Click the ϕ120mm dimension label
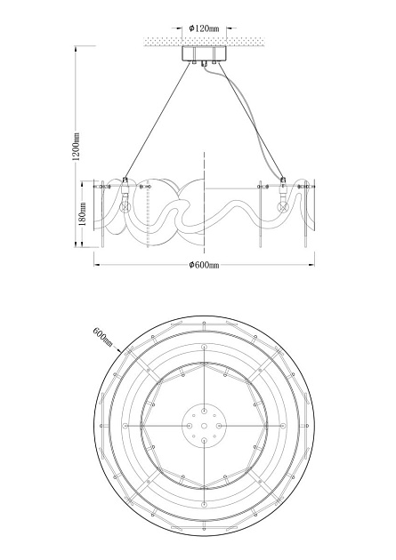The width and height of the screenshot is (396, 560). coord(204,28)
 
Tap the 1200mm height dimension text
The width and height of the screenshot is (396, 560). coord(77,147)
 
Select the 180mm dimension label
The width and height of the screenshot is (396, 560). coord(82,214)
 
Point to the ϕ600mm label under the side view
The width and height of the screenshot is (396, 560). coord(204,265)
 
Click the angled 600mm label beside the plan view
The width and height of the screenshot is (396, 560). coord(102,336)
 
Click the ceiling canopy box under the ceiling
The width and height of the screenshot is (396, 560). coord(204,53)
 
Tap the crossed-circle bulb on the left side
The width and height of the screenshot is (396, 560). coord(125,206)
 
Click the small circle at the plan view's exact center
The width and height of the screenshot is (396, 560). coord(204,426)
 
